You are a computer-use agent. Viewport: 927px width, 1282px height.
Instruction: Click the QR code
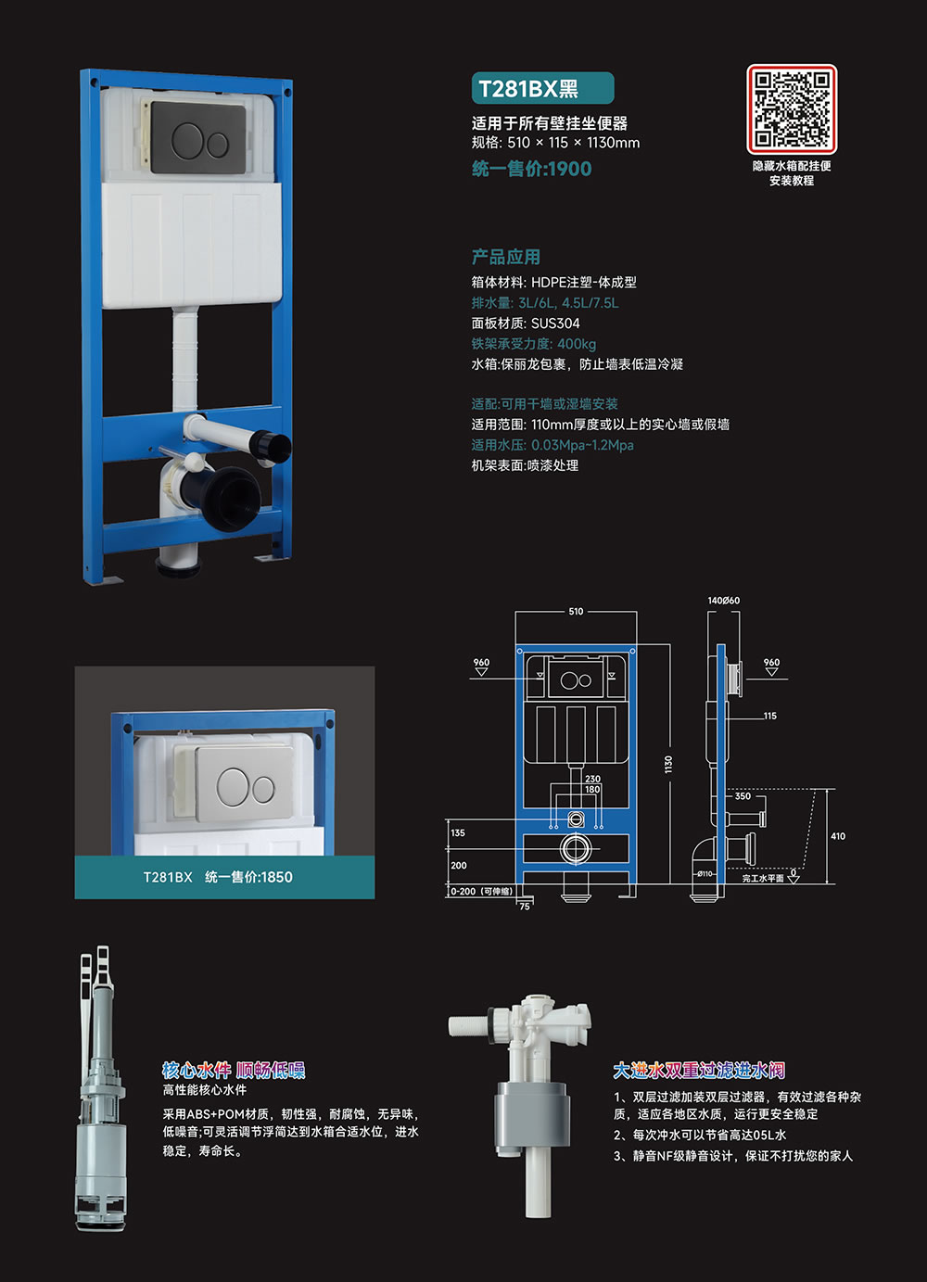coord(792,108)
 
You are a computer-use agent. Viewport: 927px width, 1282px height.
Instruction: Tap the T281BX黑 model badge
coord(542,88)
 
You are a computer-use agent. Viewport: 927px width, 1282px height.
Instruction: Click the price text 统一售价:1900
coord(531,169)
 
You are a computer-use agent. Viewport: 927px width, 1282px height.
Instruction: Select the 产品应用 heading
coord(506,257)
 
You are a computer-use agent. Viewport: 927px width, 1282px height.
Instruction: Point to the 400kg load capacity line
coord(534,344)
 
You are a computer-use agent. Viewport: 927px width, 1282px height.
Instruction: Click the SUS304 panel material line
coord(526,324)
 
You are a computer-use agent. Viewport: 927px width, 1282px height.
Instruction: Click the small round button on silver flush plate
coord(263,790)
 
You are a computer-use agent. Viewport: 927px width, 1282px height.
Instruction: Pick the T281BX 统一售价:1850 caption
coord(218,877)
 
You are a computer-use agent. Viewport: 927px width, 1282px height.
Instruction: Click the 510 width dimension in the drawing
coord(576,611)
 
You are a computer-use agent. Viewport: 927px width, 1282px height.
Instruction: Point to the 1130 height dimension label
coord(668,764)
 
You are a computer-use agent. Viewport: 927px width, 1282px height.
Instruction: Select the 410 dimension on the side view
coord(838,836)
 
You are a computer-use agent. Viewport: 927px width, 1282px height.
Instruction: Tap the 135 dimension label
coord(458,832)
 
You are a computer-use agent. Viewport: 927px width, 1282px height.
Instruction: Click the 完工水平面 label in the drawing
coord(763,878)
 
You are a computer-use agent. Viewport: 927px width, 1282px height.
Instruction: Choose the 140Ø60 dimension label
coord(723,601)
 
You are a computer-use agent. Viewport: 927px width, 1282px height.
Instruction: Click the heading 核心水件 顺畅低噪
coord(234,1070)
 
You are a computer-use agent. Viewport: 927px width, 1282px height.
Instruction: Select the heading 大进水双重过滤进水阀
coord(699,1070)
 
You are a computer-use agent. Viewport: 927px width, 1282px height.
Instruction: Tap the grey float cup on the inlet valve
coord(532,1119)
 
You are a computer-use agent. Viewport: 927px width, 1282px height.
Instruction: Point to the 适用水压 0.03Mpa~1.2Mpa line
coord(552,445)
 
